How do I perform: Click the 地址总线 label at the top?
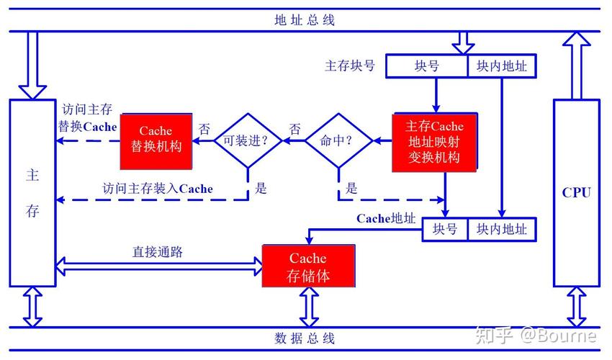305,19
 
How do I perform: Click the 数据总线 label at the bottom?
305,338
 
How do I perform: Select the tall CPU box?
576,192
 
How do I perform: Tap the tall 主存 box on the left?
32,192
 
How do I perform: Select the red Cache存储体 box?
308,266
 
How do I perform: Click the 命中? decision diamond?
338,140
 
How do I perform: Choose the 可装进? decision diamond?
247,140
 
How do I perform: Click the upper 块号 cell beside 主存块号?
426,66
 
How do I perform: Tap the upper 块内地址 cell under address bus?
501,66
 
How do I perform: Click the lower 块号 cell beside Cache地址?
444,229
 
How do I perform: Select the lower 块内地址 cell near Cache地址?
501,229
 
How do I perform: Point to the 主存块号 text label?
350,66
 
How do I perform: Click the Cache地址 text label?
386,218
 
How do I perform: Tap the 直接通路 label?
157,252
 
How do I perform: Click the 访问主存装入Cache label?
157,189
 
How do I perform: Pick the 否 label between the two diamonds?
294,130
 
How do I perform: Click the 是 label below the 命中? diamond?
351,189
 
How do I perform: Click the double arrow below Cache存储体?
309,307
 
